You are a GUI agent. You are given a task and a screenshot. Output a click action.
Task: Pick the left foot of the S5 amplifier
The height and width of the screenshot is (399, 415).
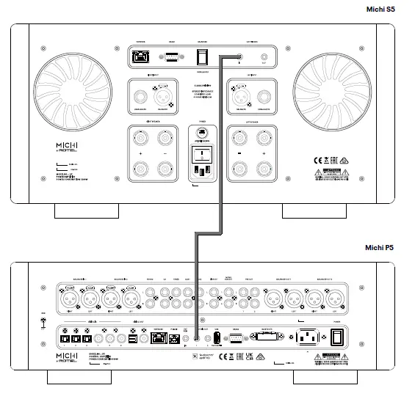pyautogui.click(x=87, y=211)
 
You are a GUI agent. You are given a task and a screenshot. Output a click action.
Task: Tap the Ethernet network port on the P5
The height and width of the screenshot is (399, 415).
pyautogui.click(x=158, y=339)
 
